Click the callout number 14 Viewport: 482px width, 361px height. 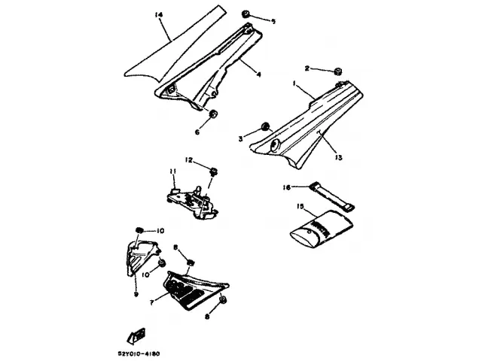coord(158,15)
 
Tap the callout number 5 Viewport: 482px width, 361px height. coord(273,21)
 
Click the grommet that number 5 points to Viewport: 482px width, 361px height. coord(248,14)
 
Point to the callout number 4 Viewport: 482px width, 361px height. coord(258,74)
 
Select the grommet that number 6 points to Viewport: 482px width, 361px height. coord(213,114)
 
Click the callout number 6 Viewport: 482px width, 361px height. coord(197,132)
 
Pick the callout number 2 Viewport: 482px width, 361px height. coord(307,68)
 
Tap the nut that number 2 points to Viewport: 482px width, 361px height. coord(338,72)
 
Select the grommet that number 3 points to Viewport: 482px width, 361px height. coord(265,126)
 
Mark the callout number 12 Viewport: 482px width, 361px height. coord(189,159)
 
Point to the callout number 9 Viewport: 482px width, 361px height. coord(135,295)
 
